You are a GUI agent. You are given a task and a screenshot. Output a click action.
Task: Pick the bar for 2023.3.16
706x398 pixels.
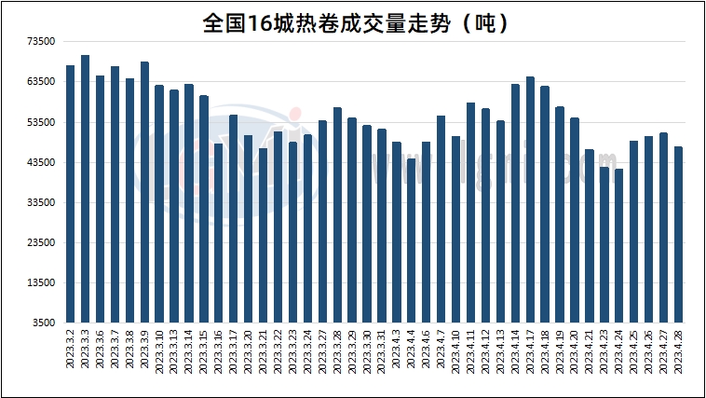coord(218,233)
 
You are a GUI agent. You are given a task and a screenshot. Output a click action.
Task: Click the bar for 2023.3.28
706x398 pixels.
coord(337,215)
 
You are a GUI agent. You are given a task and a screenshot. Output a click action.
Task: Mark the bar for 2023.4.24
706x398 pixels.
coord(618,246)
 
